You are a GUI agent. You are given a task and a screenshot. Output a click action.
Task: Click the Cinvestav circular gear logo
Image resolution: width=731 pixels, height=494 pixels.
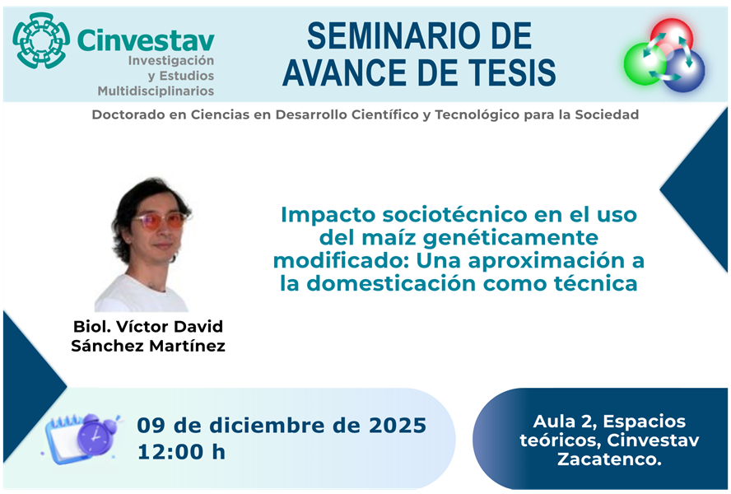point(41,40)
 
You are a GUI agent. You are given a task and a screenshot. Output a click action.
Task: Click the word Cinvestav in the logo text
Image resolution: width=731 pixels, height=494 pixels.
point(146,40)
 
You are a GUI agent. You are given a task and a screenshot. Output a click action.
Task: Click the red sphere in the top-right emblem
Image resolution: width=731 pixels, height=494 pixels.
point(671,36)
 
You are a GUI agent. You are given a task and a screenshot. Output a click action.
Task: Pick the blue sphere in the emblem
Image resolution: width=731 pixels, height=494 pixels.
point(686,70)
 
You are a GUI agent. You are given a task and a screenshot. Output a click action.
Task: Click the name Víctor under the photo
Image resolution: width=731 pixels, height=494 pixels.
point(145,327)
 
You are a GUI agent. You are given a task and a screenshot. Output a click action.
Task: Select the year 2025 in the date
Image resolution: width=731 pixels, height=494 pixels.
point(398,426)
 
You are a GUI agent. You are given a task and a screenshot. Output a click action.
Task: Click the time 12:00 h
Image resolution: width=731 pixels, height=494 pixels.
point(182,451)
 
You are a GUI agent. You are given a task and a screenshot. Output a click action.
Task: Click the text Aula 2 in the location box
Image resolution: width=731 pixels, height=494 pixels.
point(562,422)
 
